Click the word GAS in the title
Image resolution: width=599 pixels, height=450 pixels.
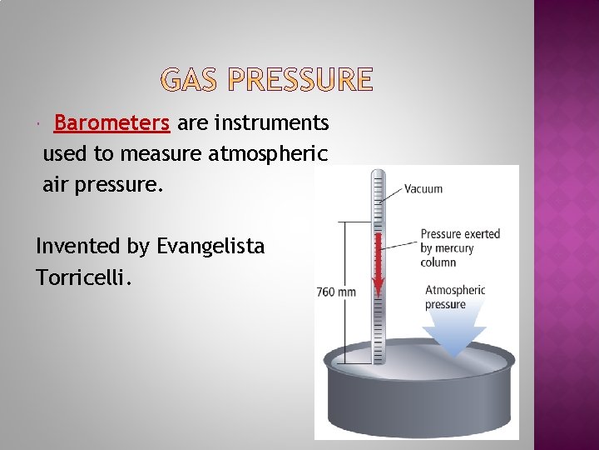coord(190,80)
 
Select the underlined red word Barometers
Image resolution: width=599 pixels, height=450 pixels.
coord(111,123)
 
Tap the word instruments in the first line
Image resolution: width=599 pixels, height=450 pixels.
coord(272,123)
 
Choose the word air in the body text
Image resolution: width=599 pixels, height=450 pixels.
coord(56,184)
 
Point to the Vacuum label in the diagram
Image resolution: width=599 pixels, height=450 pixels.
coord(423,189)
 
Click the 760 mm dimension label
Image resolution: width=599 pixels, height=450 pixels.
coord(336,292)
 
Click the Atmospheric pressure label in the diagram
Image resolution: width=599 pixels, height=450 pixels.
coord(454,297)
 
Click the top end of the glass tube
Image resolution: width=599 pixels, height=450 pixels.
coord(379,173)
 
